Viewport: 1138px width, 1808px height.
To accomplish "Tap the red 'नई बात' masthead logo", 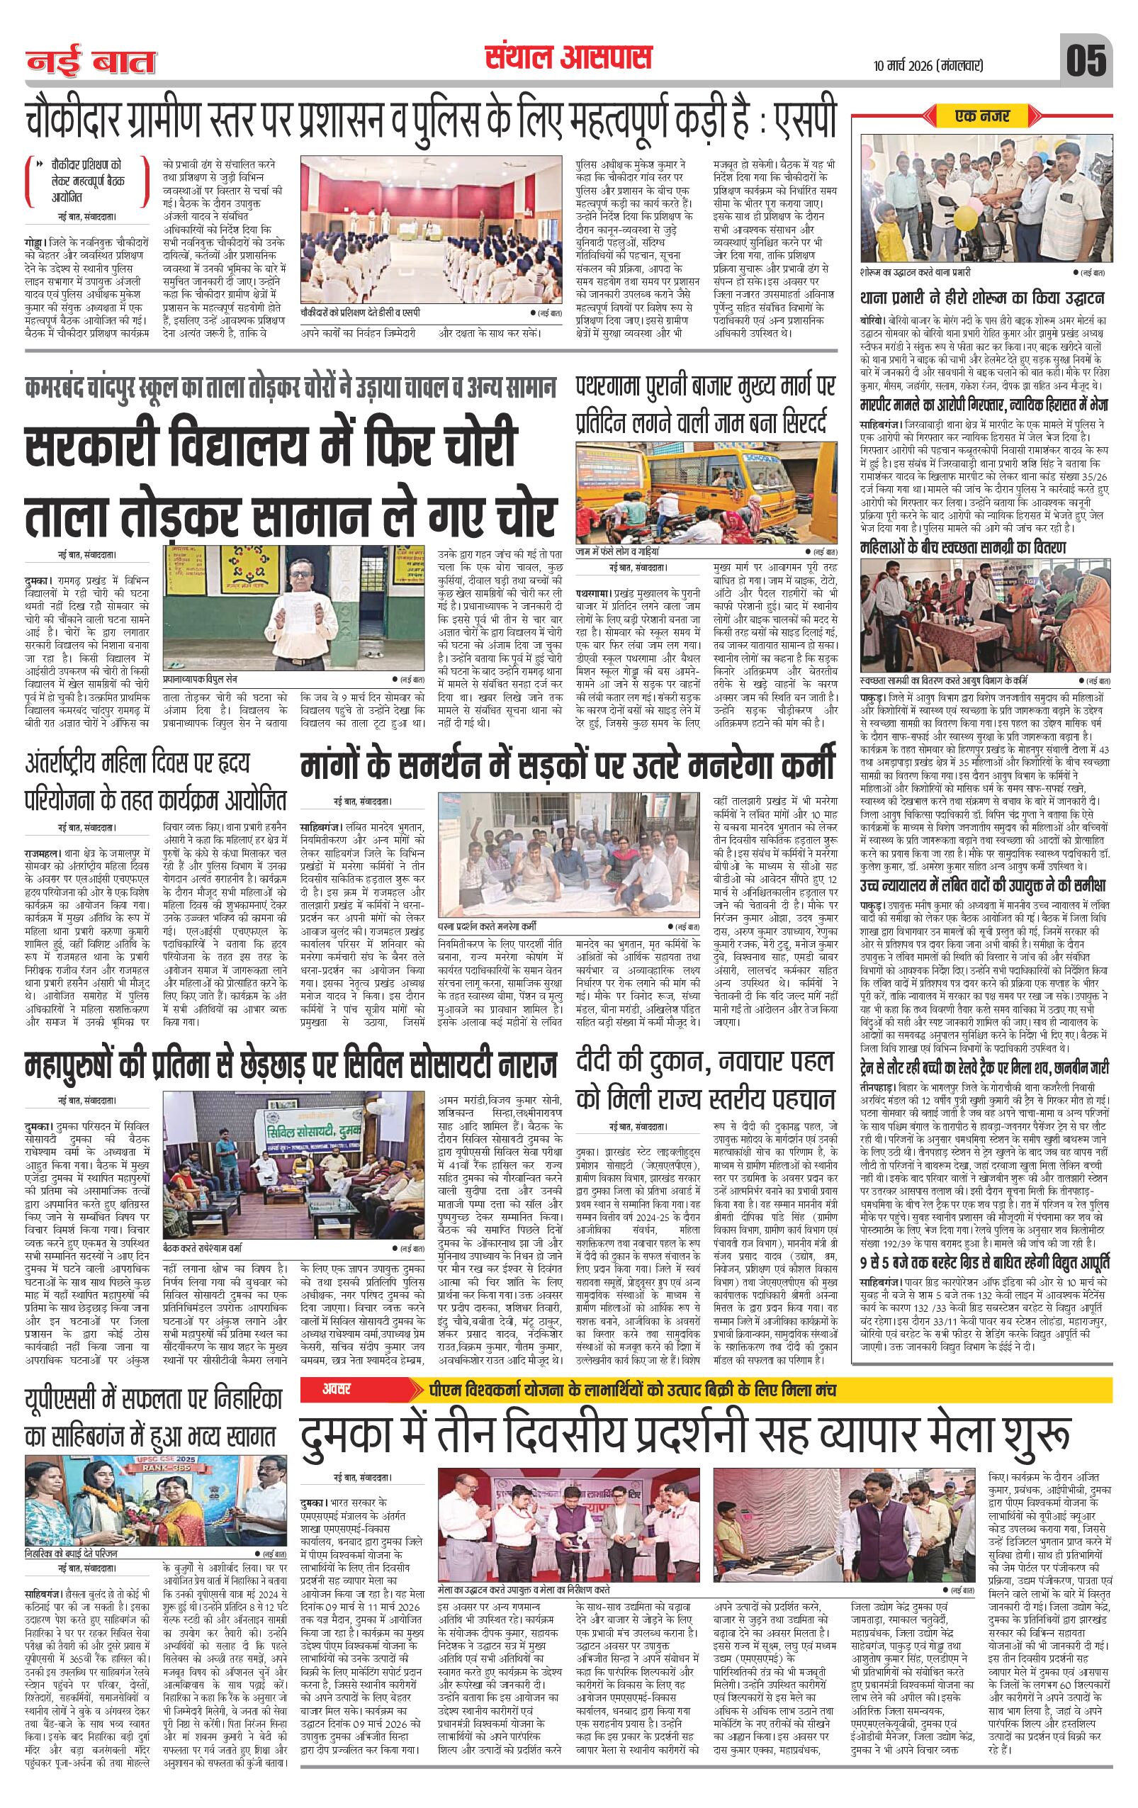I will tap(91, 60).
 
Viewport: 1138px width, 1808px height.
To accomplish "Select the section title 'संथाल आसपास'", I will tap(568, 58).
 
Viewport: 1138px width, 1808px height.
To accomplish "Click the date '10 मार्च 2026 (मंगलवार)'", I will tap(928, 65).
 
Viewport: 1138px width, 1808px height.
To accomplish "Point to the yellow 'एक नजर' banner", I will tap(983, 116).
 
